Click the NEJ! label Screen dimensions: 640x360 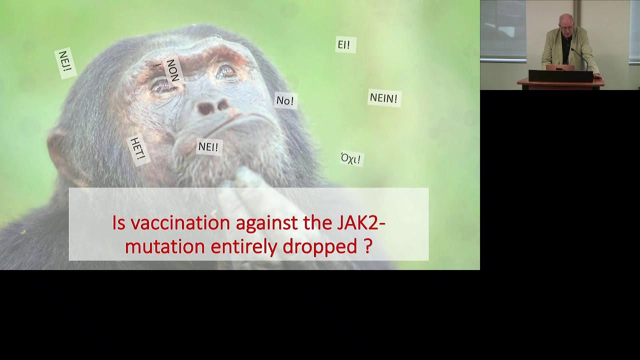[x=65, y=63]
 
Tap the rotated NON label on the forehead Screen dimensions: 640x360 [x=173, y=70]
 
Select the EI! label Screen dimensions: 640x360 [x=345, y=44]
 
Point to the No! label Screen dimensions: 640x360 [x=285, y=100]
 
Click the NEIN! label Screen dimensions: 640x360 [x=384, y=98]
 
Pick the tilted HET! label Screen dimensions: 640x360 [x=138, y=150]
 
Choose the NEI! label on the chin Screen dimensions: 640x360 [x=209, y=147]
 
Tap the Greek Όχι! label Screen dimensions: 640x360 [x=352, y=158]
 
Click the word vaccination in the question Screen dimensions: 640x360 [x=180, y=223]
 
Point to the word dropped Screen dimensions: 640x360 [x=319, y=247]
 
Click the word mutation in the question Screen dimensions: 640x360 [x=165, y=247]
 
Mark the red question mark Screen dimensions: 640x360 [x=368, y=246]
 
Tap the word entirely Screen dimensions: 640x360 [x=243, y=247]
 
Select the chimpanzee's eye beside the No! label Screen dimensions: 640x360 [x=225, y=71]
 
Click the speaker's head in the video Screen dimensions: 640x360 [x=566, y=23]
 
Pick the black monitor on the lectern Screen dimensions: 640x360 [x=560, y=76]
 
